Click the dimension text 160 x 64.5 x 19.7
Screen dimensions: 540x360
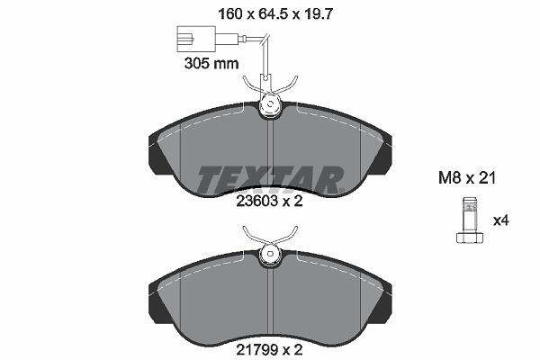pos(275,13)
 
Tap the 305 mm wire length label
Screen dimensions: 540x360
pos(211,63)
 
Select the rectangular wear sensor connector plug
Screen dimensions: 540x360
pos(196,39)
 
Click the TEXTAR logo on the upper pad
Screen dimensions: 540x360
pos(270,180)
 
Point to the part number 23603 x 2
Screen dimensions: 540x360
pos(269,202)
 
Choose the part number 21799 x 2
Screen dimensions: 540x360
pos(269,350)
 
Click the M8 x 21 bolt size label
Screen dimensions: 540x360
pos(466,178)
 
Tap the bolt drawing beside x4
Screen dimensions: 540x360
pos(470,220)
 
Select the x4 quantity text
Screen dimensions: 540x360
pos(501,220)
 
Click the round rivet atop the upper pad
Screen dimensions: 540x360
pos(270,103)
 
